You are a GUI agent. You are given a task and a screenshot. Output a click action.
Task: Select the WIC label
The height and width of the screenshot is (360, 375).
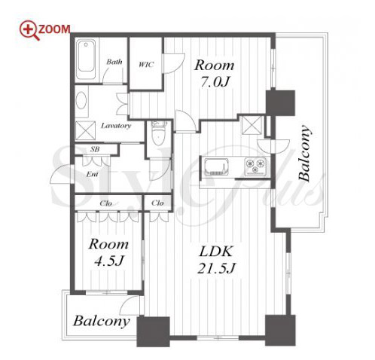[146, 65]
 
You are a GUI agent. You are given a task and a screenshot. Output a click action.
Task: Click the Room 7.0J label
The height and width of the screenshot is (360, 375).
[215, 73]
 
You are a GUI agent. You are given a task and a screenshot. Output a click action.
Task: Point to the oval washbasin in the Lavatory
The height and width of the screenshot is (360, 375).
[81, 100]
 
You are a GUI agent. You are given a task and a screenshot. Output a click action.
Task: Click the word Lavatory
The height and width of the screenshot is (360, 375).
[116, 126]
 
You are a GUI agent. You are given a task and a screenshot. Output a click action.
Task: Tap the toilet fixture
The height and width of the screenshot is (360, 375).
[159, 133]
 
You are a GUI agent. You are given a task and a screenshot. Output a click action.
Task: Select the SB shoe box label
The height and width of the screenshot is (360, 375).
[95, 150]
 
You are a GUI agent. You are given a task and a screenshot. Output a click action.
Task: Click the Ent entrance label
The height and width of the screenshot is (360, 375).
[92, 174]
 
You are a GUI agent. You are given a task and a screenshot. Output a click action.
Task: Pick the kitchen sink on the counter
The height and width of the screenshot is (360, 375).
[216, 167]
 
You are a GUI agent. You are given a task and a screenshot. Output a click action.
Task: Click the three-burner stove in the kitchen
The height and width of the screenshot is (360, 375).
[255, 166]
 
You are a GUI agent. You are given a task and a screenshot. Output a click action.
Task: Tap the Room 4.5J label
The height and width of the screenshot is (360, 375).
[108, 252]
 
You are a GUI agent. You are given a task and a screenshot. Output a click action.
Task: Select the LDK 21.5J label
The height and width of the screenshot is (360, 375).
[215, 260]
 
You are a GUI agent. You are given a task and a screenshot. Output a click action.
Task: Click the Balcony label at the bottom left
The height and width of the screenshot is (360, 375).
[101, 321]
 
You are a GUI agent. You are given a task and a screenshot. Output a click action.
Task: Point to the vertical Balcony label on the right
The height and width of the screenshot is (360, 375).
[304, 153]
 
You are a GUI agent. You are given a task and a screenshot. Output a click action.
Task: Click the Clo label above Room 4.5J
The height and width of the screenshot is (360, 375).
[105, 203]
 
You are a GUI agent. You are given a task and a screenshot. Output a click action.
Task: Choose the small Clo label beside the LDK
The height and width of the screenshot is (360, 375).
[157, 203]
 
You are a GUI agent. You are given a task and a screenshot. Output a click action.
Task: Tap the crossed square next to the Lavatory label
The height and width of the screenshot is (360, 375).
[85, 130]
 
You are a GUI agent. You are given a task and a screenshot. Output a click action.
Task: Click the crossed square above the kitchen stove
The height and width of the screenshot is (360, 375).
[252, 125]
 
